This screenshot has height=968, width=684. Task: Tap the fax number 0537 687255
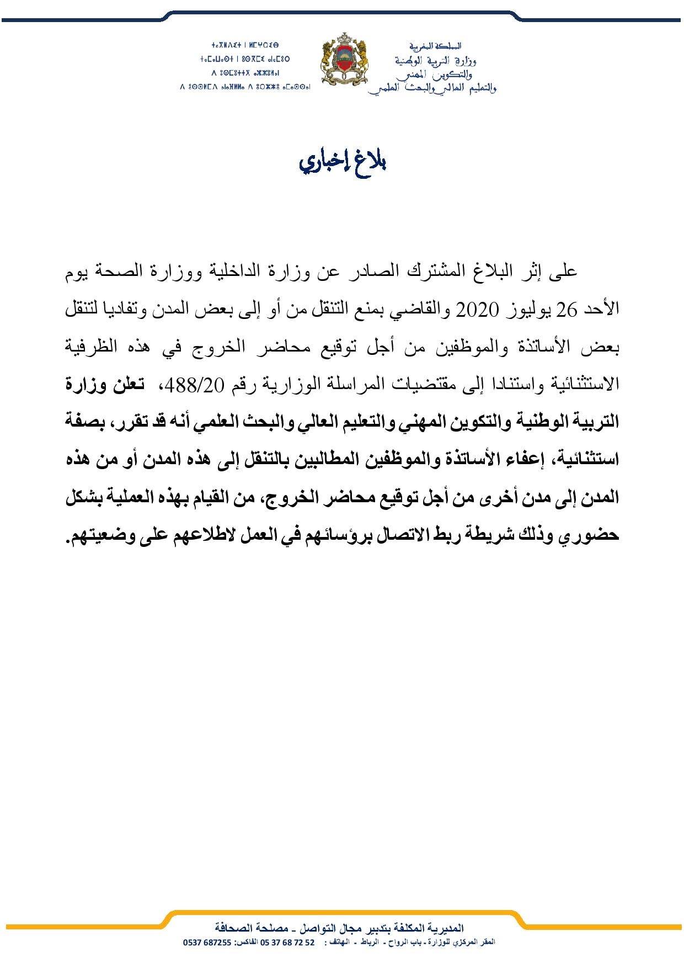click(207, 942)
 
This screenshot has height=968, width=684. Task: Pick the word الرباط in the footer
click(376, 942)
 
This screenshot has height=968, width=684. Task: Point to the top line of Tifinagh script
click(246, 44)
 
